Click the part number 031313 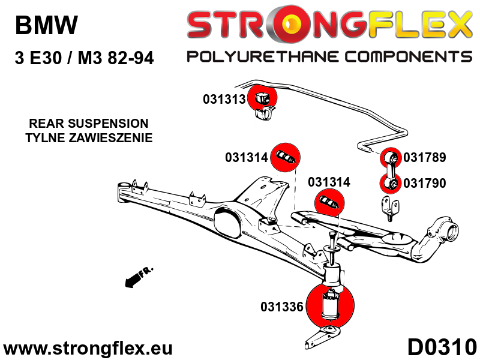click(x=224, y=99)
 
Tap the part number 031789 click(x=425, y=158)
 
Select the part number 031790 click(x=425, y=183)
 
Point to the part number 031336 click(x=281, y=307)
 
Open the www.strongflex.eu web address click(x=88, y=348)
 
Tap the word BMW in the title click(x=46, y=25)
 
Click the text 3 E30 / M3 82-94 click(x=83, y=59)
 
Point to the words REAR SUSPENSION click(x=88, y=124)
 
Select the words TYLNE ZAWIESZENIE click(x=88, y=137)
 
